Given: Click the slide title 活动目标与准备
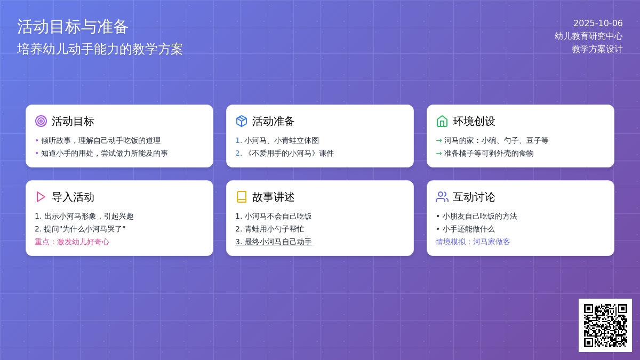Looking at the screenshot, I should coord(73,27).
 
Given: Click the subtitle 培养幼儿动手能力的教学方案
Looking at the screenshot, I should coord(100,49).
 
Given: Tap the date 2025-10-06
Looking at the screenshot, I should coord(598,23).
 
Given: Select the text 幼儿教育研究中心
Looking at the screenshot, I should coord(588,36).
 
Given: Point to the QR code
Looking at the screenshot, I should coord(605,325).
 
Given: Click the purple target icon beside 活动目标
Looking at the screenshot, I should coord(41,121).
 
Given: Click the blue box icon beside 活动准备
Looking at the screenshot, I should coord(242,121).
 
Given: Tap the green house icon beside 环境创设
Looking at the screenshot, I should coord(442,121).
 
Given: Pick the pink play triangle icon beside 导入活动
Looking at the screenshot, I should coord(41,197).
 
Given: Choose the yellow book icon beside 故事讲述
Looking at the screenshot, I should coord(242,197).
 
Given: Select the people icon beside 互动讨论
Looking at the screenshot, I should coord(442,197).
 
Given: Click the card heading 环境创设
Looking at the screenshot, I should coord(474,121).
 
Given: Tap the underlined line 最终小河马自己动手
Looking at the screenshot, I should coord(274,242).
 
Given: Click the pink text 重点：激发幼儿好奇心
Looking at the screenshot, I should coord(72,242).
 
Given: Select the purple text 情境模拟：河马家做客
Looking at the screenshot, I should coord(473,242).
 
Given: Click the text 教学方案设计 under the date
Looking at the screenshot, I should coord(597,49).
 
